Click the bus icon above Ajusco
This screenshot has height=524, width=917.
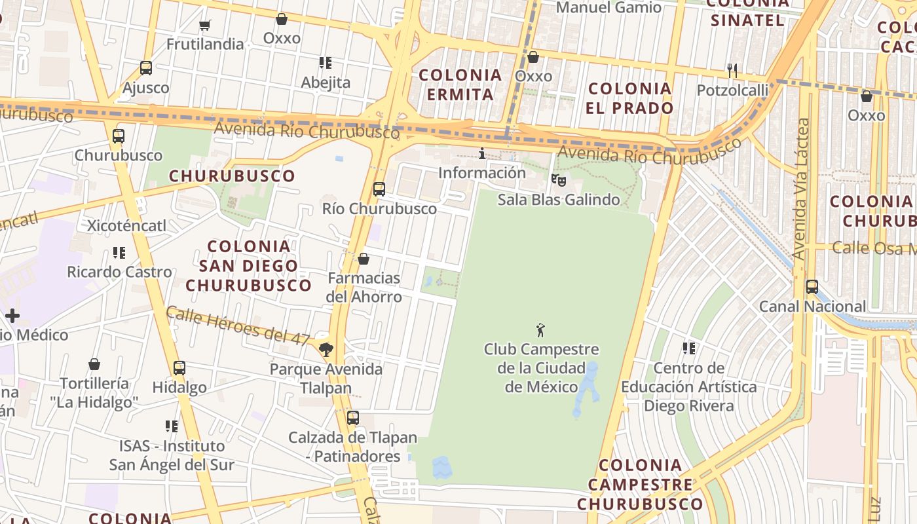(146, 68)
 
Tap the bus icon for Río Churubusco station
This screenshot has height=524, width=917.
(379, 189)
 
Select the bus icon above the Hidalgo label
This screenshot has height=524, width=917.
(179, 368)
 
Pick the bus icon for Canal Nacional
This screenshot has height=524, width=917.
(812, 287)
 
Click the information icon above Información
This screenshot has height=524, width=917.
(482, 154)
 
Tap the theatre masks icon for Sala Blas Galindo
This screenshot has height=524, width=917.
(558, 179)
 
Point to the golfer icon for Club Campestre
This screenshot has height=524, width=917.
(540, 330)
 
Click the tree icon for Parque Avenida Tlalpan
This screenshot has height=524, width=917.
(326, 349)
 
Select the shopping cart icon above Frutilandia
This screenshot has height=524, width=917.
(205, 25)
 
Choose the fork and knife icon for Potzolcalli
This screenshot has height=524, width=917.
(732, 70)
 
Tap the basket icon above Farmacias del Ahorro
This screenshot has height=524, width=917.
(364, 259)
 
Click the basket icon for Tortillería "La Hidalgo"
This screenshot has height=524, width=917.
(94, 364)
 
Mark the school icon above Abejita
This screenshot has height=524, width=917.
(326, 63)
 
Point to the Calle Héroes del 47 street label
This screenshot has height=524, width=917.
(237, 326)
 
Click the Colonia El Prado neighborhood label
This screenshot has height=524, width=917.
(629, 98)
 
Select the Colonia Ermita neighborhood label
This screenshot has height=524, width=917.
(460, 84)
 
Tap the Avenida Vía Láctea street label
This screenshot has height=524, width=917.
(800, 189)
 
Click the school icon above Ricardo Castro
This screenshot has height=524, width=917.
(119, 252)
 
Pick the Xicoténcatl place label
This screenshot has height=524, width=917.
(127, 226)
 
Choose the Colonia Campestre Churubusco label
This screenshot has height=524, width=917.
(640, 485)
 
